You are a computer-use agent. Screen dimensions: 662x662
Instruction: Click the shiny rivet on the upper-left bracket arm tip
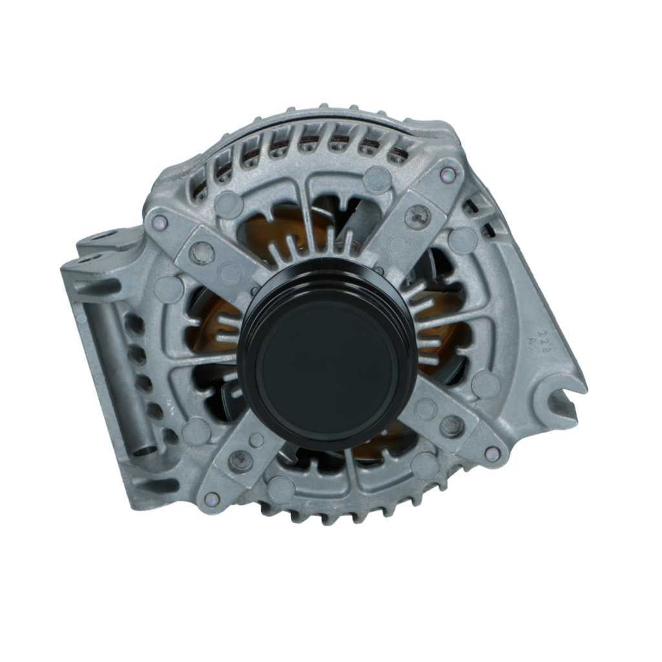(x=160, y=222)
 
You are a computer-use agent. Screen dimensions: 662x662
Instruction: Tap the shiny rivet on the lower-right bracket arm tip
(x=492, y=453)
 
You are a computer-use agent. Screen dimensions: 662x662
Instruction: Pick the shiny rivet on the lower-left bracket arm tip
(x=211, y=498)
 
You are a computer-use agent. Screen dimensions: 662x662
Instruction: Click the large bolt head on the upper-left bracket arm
(x=202, y=252)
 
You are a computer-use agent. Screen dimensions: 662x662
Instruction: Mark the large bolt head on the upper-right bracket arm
(x=417, y=216)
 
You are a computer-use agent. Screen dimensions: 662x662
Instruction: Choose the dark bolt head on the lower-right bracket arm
(x=451, y=425)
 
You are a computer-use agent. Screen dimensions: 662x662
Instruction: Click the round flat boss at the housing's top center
(x=376, y=179)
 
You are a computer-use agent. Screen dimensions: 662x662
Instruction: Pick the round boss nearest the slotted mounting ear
(x=485, y=384)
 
